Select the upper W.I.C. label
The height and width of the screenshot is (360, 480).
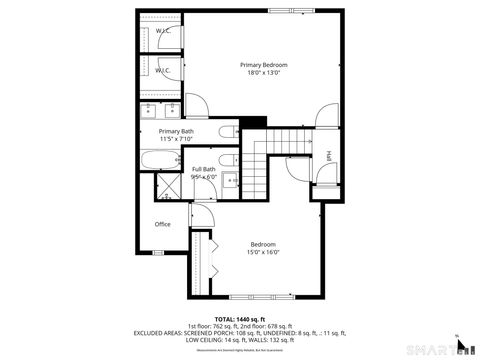coord(162,31)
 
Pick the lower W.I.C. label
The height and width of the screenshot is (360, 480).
coord(162,71)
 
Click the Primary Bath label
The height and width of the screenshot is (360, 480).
coord(176,131)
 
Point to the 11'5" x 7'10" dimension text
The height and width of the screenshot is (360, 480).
coord(176,139)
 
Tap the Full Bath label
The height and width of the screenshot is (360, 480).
coord(204,169)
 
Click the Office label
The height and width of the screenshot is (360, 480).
coord(162,224)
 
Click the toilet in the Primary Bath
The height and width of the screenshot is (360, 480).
coord(226,133)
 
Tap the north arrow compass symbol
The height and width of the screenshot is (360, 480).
coord(461,346)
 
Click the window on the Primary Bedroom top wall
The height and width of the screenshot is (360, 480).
coord(283,10)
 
